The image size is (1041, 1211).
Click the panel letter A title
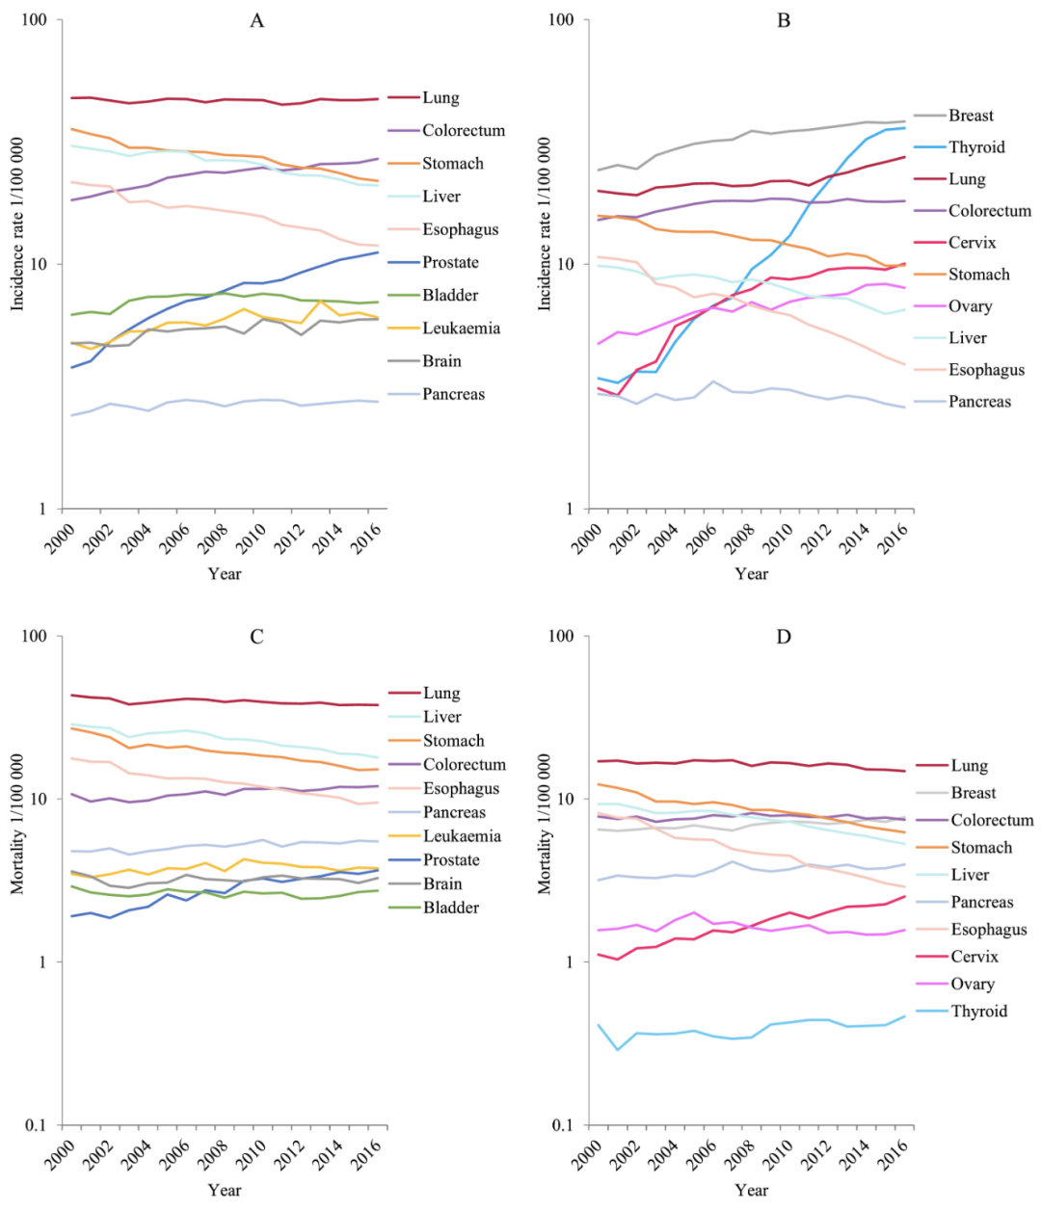(256, 21)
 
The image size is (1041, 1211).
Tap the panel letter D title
(784, 637)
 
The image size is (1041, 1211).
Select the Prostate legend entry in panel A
(450, 262)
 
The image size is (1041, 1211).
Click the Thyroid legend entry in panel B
(976, 147)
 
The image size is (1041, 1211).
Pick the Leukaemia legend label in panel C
(462, 836)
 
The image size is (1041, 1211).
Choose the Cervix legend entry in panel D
(974, 957)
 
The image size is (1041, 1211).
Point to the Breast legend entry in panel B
(971, 116)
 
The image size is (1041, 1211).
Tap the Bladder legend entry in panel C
(451, 908)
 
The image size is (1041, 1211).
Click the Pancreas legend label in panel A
(453, 394)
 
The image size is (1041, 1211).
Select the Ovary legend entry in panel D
(972, 984)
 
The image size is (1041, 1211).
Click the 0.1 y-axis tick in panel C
(37, 1125)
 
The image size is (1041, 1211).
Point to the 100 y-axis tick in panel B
(560, 20)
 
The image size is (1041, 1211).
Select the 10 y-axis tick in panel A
(39, 265)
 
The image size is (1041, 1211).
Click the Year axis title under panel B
(751, 574)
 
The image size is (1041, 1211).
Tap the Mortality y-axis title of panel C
(17, 826)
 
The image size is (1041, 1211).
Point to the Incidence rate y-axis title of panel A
(17, 224)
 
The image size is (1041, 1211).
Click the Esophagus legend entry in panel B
(986, 370)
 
